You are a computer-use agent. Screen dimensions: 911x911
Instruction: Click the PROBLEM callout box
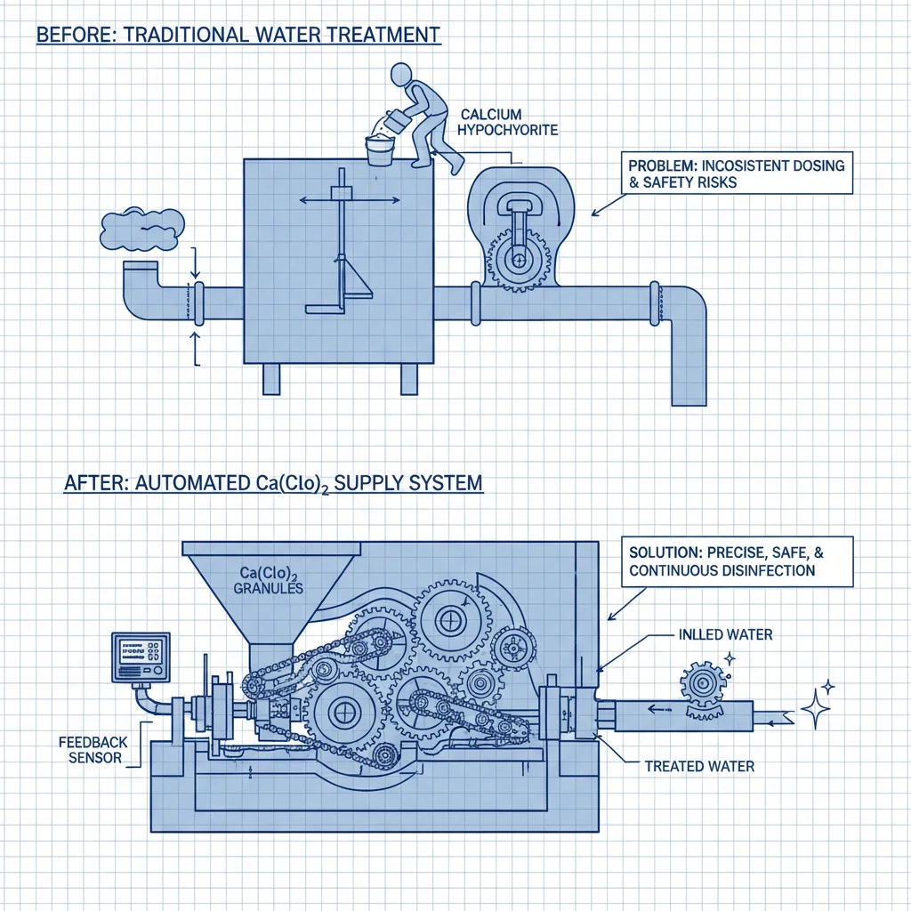coord(736,173)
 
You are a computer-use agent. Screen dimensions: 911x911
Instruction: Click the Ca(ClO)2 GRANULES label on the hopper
coord(269,580)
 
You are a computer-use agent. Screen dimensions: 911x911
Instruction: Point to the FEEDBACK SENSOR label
coord(93,750)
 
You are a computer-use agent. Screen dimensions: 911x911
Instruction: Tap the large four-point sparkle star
coord(815,710)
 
